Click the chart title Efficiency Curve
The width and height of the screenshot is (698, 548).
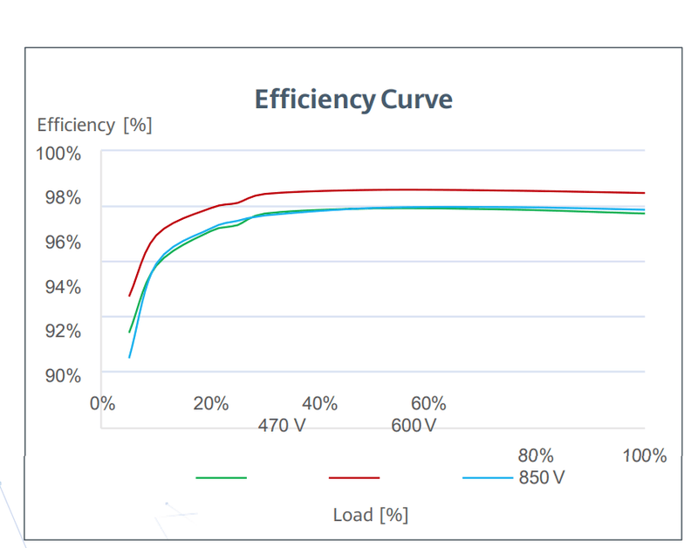[353, 99]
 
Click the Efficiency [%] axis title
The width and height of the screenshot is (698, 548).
[94, 125]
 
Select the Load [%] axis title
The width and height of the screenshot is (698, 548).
[370, 515]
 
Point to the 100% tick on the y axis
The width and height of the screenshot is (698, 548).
[58, 154]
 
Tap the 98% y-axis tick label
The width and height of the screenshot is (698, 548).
[63, 198]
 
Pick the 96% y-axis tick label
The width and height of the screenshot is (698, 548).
[63, 243]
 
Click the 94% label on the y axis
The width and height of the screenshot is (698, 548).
[63, 287]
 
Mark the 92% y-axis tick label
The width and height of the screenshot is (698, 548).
[63, 332]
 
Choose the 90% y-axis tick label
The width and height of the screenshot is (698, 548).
[63, 376]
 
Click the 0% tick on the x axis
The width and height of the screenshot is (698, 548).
[102, 404]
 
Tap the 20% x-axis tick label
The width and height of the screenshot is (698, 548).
[210, 404]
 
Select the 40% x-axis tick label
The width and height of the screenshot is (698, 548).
[319, 404]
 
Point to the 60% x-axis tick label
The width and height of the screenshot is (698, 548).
[428, 404]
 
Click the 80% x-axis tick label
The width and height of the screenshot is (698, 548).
[536, 456]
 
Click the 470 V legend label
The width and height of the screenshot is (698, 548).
[282, 426]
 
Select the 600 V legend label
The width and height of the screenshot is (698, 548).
[414, 426]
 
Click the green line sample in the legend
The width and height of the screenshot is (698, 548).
[222, 478]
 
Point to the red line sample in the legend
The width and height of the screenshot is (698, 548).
[354, 478]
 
